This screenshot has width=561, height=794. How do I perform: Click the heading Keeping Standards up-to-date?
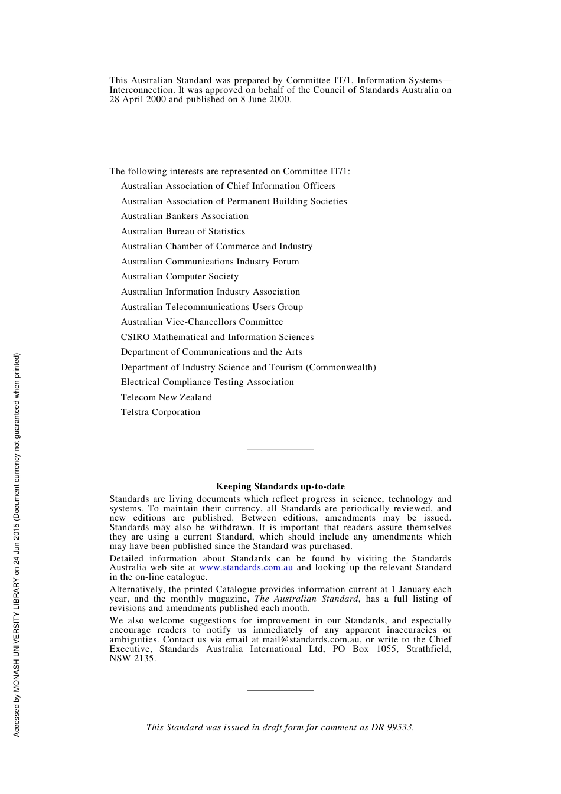pyautogui.click(x=280, y=486)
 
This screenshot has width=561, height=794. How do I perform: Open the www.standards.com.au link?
pyautogui.click(x=246, y=567)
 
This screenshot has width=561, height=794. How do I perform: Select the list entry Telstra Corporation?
pyautogui.click(x=161, y=412)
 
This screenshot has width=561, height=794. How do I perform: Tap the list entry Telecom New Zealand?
pyautogui.click(x=167, y=397)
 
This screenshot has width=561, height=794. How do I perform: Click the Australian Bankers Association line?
pyautogui.click(x=185, y=216)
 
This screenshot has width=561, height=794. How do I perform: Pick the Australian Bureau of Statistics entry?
pyautogui.click(x=183, y=231)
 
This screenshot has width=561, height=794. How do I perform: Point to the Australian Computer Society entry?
pyautogui.click(x=180, y=276)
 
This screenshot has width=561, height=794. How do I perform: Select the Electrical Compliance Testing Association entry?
pyautogui.click(x=207, y=382)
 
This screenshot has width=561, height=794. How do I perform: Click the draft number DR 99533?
pyautogui.click(x=392, y=727)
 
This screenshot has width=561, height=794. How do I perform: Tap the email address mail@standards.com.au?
pyautogui.click(x=311, y=639)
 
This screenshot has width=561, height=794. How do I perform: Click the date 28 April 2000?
pyautogui.click(x=138, y=99)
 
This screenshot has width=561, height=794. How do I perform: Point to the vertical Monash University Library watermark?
pyautogui.click(x=17, y=544)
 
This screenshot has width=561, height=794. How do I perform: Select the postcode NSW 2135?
pyautogui.click(x=132, y=658)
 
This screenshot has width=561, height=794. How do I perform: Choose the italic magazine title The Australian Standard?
pyautogui.click(x=306, y=599)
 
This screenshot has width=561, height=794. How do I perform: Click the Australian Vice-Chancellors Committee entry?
pyautogui.click(x=202, y=322)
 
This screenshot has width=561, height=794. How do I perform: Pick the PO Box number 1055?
pyautogui.click(x=387, y=649)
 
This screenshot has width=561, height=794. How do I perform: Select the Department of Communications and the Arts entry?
pyautogui.click(x=211, y=352)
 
